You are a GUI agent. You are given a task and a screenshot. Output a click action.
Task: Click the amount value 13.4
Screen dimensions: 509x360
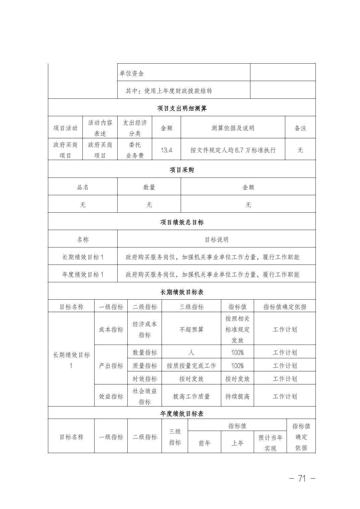(x=166, y=150)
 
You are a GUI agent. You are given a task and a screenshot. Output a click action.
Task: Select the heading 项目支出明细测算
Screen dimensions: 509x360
(x=182, y=108)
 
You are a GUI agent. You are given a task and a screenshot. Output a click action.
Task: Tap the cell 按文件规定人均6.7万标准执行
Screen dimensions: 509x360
(x=233, y=150)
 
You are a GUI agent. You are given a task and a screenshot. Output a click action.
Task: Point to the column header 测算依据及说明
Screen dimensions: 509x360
(x=233, y=128)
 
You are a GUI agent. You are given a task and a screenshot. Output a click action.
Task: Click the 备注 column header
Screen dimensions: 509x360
(x=300, y=128)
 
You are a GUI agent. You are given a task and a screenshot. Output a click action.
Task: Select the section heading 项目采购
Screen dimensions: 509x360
(x=182, y=170)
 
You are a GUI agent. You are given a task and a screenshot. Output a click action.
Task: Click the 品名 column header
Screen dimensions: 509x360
(x=83, y=187)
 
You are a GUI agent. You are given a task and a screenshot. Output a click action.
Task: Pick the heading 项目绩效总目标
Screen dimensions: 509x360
(x=182, y=222)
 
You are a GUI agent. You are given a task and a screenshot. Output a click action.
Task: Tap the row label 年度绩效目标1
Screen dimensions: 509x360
(x=83, y=274)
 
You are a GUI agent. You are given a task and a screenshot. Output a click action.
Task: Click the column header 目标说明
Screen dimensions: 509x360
(x=217, y=239)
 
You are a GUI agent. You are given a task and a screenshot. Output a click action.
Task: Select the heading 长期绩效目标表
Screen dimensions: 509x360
(x=182, y=292)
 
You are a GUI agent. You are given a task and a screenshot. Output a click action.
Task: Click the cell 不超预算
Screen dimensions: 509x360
(x=191, y=330)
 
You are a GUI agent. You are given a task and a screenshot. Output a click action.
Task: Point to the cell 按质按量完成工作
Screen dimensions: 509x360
(x=191, y=366)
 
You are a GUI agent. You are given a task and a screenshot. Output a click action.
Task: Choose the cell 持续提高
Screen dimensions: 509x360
(x=237, y=396)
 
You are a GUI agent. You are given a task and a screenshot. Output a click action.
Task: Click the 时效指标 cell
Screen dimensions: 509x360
(x=145, y=379)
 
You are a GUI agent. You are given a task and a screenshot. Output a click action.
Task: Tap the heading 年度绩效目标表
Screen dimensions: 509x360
(x=182, y=414)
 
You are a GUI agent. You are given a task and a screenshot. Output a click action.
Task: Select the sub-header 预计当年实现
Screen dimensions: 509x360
(x=270, y=443)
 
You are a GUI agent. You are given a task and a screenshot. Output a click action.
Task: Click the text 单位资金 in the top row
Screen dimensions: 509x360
(x=132, y=73)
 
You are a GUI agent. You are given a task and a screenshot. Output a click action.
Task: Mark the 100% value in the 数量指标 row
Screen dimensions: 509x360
(x=237, y=353)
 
